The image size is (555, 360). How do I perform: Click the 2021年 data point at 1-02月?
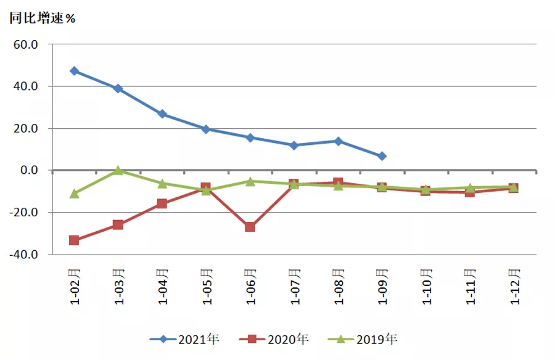point(75,71)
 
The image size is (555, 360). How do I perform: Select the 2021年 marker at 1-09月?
point(382,157)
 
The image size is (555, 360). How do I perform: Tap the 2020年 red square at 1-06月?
point(250,227)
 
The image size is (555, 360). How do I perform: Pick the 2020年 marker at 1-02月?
point(75,240)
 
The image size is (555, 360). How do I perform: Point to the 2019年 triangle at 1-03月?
point(118,170)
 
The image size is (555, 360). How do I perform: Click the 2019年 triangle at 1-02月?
point(75,193)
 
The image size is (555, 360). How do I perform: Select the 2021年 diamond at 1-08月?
point(338,141)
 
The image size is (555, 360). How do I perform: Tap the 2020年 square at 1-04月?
point(162,203)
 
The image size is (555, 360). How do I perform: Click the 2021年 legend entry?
point(184,339)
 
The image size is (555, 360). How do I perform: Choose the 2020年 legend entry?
point(274,339)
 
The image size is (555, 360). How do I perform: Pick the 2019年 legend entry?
point(364,339)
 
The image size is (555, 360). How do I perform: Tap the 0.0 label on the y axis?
point(29,171)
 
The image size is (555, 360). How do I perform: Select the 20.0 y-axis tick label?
point(26,129)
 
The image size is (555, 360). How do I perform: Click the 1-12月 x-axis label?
point(513,285)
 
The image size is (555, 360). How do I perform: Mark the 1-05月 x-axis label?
point(207,285)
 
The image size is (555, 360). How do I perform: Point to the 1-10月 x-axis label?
point(425,285)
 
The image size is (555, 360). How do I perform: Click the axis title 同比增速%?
point(41,17)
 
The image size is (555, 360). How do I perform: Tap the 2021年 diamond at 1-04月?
point(162,114)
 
